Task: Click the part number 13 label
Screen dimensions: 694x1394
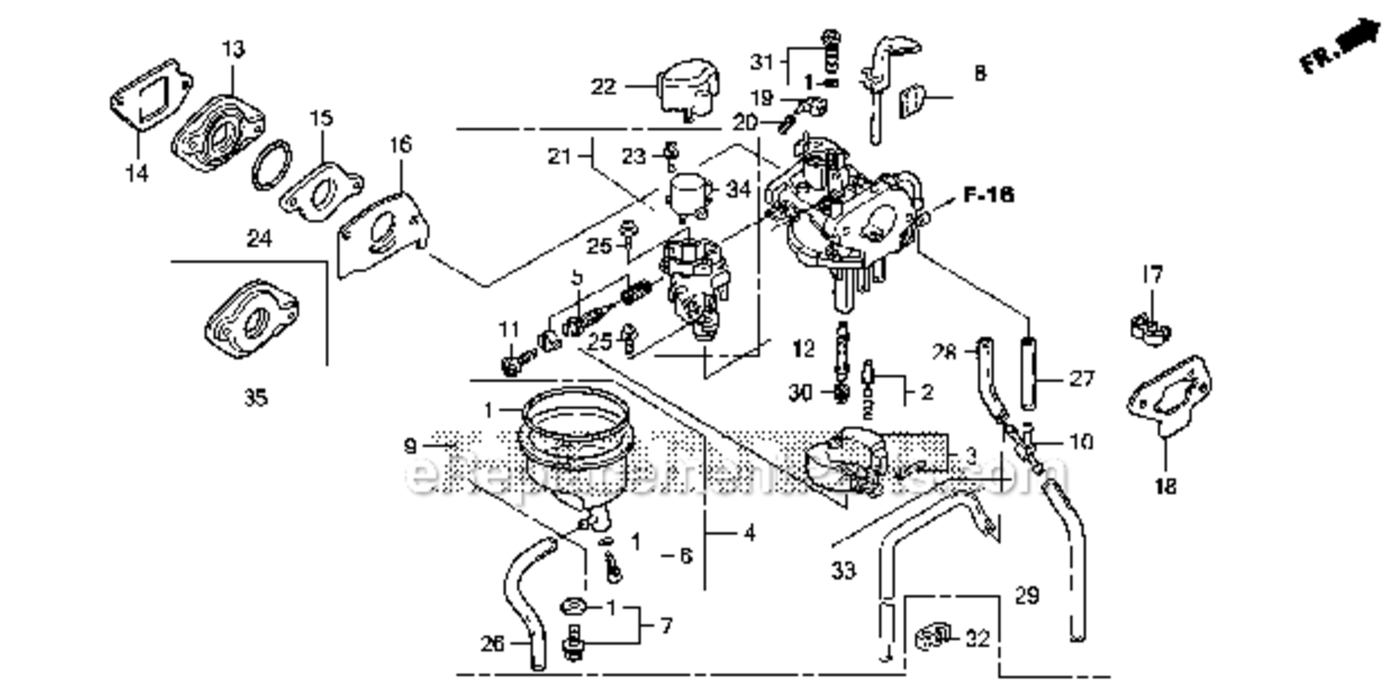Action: click(232, 49)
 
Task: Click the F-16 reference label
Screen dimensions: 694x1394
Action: click(987, 195)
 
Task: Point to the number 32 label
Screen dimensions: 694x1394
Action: click(977, 638)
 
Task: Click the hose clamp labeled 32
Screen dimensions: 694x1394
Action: click(932, 637)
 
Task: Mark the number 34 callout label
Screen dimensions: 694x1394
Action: click(737, 190)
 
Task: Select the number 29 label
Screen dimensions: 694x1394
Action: click(1026, 596)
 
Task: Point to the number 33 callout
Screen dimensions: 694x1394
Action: click(842, 571)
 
